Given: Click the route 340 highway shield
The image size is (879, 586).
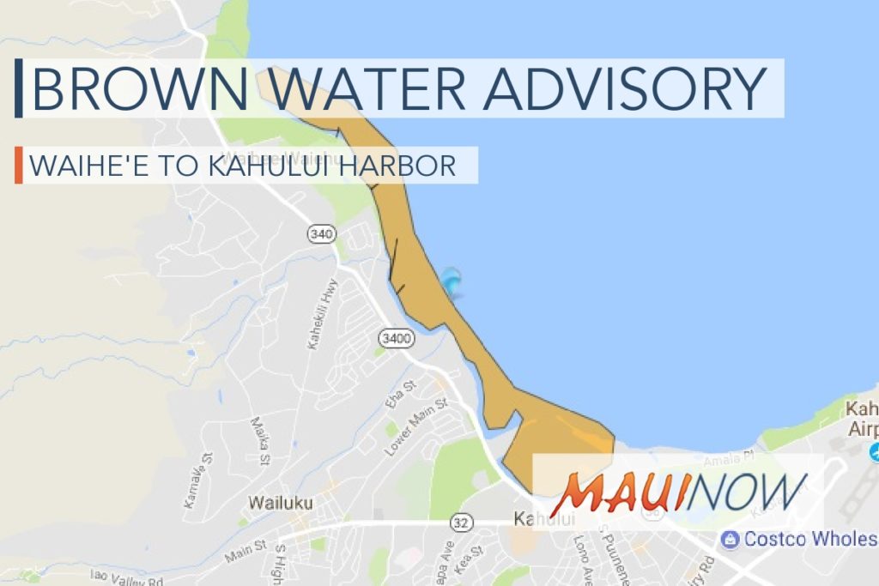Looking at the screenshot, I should coord(321,233).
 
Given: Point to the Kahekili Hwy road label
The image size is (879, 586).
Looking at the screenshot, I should coord(322,313).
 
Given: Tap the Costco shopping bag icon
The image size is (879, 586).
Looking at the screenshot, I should coord(730,539).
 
